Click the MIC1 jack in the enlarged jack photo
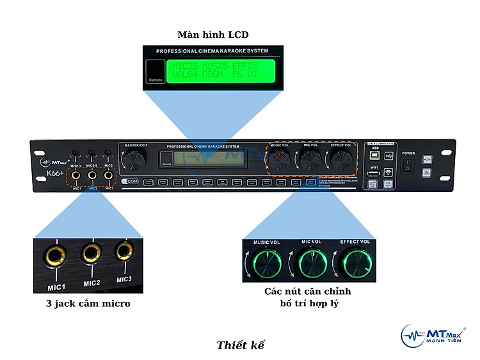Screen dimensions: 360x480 (54, 256)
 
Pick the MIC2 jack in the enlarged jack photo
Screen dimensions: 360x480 (92, 253)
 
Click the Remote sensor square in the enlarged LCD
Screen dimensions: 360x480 (155, 72)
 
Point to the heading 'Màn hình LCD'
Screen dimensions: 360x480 (212, 35)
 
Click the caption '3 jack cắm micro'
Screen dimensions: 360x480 (88, 304)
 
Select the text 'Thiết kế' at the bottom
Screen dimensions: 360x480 (240, 345)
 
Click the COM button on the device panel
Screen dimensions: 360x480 (131, 182)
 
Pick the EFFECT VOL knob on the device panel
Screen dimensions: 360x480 (340, 159)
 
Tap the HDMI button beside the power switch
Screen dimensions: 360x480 (427, 159)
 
